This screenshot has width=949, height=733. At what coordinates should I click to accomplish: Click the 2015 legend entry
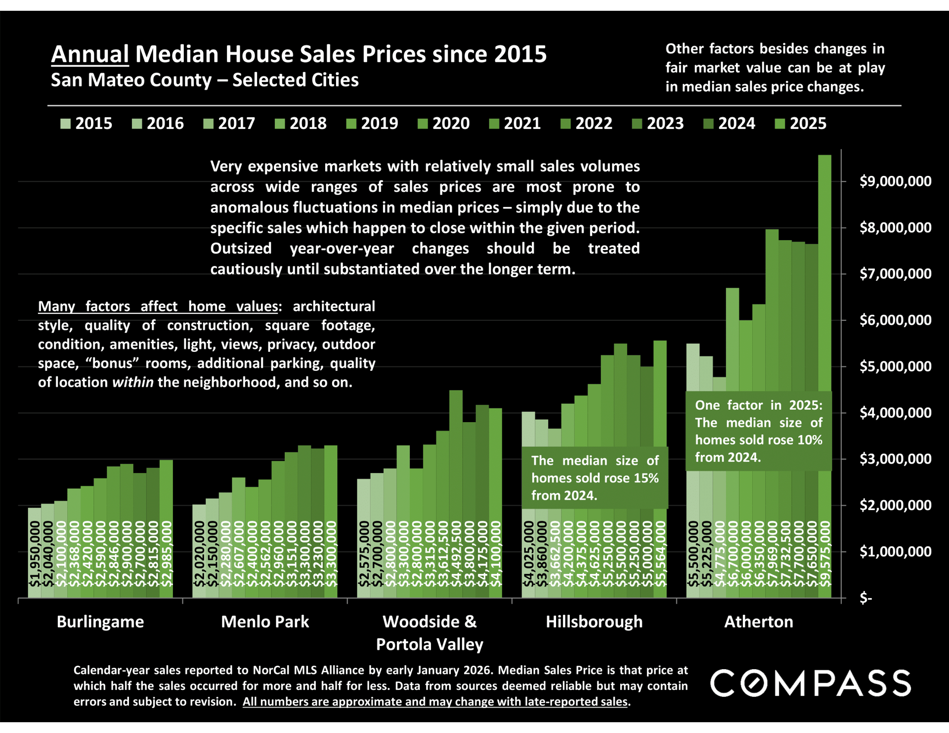click(86, 123)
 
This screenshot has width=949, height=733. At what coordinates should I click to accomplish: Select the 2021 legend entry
click(515, 123)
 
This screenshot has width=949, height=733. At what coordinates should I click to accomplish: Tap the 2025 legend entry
click(801, 123)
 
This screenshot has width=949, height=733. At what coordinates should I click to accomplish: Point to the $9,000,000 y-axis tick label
click(895, 181)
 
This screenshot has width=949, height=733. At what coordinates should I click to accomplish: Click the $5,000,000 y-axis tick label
click(895, 366)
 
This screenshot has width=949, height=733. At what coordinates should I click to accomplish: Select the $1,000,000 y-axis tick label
click(895, 552)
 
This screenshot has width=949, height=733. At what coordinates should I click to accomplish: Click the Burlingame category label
click(100, 621)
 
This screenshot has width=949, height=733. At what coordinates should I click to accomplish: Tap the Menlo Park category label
click(265, 621)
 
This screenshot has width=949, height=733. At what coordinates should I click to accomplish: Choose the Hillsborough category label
click(594, 621)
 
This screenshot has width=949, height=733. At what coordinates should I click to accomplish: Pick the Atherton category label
click(759, 621)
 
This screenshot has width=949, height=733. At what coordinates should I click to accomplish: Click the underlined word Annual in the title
click(90, 54)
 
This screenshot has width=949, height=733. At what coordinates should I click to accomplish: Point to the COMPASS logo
click(811, 684)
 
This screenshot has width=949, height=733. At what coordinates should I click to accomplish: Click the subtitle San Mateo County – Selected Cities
click(205, 80)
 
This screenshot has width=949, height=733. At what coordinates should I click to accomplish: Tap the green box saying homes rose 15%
click(595, 477)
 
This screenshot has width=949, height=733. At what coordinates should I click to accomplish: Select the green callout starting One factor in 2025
click(759, 431)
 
